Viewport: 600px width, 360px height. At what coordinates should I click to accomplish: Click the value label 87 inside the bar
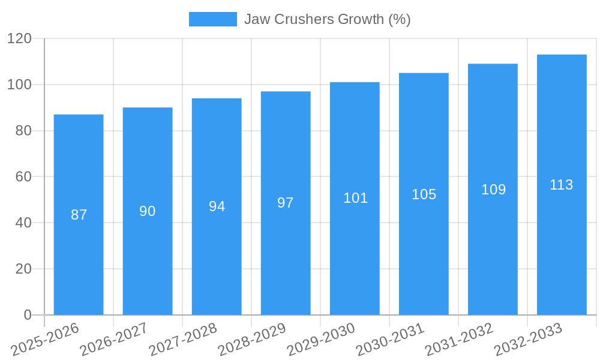tap(79, 215)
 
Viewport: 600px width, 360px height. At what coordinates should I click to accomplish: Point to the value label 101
tap(355, 198)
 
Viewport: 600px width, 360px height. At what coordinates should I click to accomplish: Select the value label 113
tap(562, 185)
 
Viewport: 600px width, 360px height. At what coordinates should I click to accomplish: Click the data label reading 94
tap(217, 206)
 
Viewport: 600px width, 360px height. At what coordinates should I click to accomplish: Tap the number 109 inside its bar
tap(493, 190)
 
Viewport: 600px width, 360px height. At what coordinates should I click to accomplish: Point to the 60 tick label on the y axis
tap(23, 177)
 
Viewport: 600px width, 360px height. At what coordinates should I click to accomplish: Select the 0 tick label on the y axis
tap(27, 315)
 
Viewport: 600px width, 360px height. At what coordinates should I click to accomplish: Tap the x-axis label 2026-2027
tap(114, 340)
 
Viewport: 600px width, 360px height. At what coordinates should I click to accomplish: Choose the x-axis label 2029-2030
tap(321, 340)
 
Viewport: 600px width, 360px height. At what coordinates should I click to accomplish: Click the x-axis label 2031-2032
tap(459, 340)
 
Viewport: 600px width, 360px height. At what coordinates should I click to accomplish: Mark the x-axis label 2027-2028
tap(183, 340)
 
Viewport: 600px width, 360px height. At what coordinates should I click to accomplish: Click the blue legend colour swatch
tap(212, 19)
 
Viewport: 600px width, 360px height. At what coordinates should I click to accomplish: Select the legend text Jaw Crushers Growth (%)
tap(327, 19)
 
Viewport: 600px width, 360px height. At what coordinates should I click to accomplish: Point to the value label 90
tap(148, 211)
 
